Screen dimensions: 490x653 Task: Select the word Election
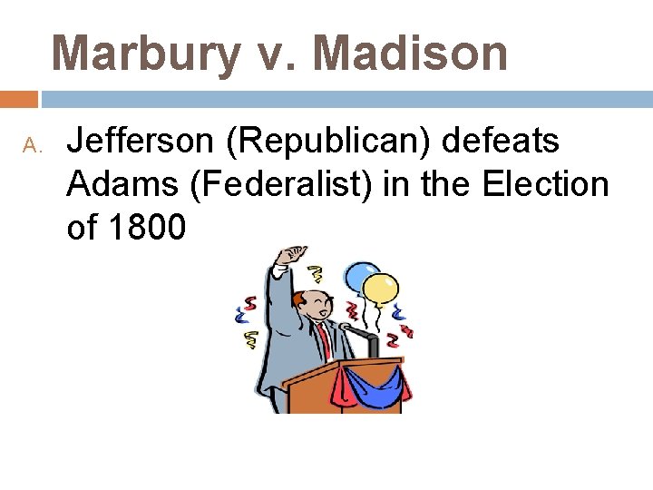tap(545, 185)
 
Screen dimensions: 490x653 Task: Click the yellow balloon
tap(380, 288)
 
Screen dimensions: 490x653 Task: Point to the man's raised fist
tap(292, 255)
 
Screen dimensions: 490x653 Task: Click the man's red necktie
tap(324, 343)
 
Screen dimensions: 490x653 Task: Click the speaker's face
tap(308, 304)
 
